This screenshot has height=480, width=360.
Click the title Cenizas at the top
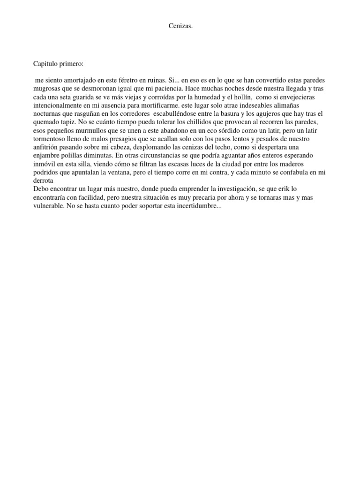[x=180, y=26]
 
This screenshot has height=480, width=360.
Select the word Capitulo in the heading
[x=46, y=64]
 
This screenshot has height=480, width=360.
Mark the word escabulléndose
[x=178, y=113]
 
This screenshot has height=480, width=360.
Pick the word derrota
[x=44, y=181]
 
